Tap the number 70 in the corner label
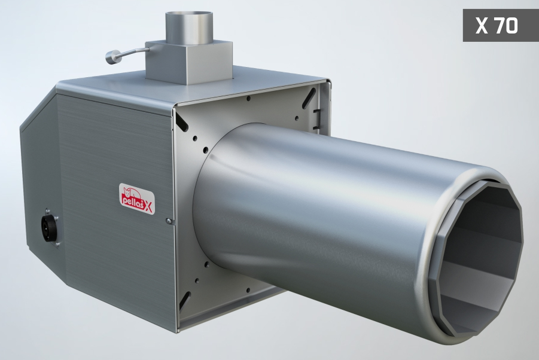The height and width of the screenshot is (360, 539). [506, 26]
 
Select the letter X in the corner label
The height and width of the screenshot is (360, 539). [482, 26]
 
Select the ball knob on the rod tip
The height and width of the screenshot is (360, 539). [109, 57]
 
